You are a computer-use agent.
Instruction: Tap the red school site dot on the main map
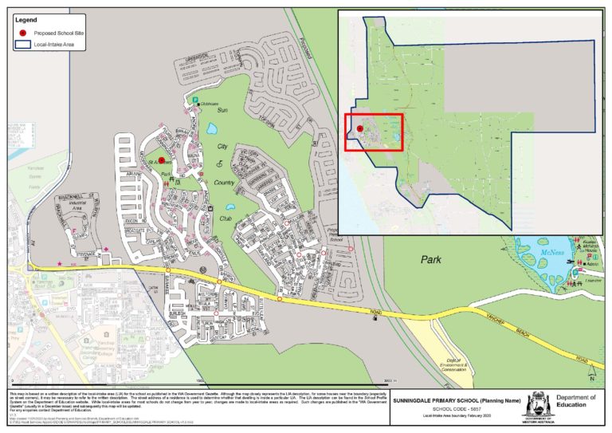tap(162, 159)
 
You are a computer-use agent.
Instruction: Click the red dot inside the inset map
tap(359, 128)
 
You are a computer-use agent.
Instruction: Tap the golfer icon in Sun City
tap(221, 162)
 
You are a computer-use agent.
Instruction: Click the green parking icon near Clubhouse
tap(195, 100)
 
